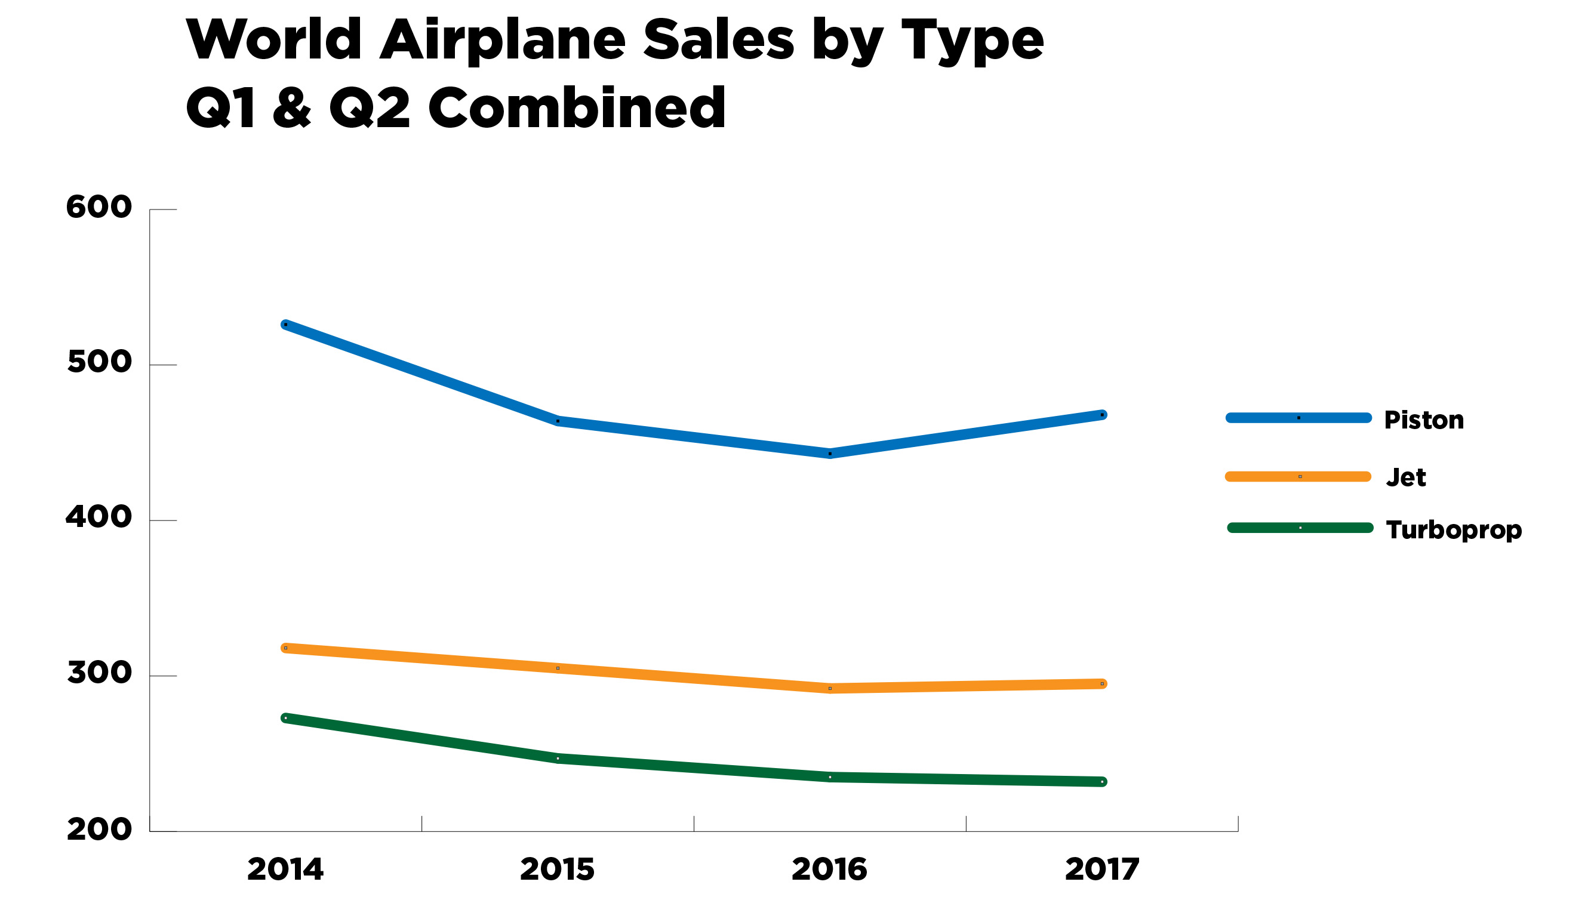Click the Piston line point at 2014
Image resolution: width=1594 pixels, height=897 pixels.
tap(285, 324)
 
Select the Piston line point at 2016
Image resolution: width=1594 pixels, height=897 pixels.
tap(830, 454)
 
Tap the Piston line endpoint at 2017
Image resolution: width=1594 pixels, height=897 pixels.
tap(1102, 414)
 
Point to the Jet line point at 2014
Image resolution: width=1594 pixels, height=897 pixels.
tap(285, 648)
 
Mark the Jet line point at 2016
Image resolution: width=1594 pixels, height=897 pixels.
tap(830, 688)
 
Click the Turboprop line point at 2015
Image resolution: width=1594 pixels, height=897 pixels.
tap(558, 758)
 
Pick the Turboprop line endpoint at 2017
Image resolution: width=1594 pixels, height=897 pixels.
tap(1102, 781)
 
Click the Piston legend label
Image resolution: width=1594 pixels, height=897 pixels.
tap(1424, 420)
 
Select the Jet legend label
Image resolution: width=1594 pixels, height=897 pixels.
tap(1406, 477)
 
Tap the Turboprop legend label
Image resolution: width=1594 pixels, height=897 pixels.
tap(1454, 529)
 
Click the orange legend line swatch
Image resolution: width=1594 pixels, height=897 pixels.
tap(1298, 476)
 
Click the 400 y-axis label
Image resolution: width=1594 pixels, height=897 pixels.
tap(99, 517)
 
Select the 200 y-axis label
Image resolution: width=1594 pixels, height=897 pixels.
tap(99, 830)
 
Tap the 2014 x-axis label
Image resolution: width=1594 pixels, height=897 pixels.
tap(285, 869)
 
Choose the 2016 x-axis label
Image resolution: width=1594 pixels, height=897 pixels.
tap(829, 869)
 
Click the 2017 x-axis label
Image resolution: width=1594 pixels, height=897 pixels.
tap(1102, 869)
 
